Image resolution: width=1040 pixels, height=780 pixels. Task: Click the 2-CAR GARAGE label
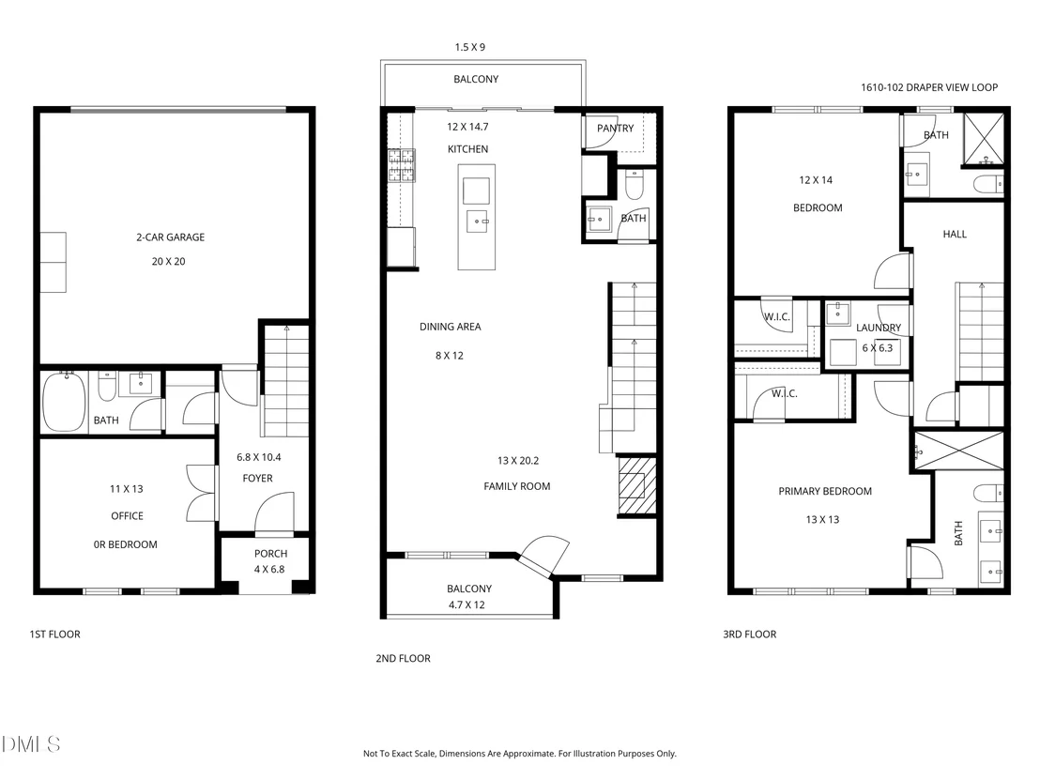[x=171, y=237]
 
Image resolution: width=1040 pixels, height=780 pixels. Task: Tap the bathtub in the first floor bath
[x=65, y=402]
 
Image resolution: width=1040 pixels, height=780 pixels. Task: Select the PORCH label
[x=270, y=553]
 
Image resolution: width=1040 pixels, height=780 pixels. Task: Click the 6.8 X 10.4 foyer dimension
[x=259, y=457]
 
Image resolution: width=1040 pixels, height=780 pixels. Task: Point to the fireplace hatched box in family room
[x=636, y=485]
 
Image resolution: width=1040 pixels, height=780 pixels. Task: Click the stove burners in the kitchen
[x=402, y=165]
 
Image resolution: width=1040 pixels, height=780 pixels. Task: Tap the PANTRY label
[x=616, y=128]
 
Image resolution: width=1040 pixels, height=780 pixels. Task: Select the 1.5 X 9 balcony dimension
[x=469, y=47]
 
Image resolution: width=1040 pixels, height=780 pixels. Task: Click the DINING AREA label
[x=451, y=327]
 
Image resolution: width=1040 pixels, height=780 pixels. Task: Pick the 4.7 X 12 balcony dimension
[x=466, y=604]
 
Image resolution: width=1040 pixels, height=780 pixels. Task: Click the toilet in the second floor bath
[x=635, y=185]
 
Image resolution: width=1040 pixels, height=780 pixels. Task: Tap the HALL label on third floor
[x=955, y=234]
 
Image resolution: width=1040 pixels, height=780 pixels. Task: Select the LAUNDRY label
[x=879, y=328]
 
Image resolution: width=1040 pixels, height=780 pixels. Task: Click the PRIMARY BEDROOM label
[x=825, y=492]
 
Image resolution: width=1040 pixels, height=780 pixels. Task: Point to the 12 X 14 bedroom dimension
[x=816, y=179]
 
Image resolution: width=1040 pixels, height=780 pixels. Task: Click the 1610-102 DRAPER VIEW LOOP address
[x=929, y=87]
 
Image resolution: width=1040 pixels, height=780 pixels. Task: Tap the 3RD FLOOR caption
[x=749, y=635]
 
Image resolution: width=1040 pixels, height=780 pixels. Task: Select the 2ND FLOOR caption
[x=404, y=658]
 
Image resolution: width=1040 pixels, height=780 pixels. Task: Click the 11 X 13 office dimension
[x=126, y=489]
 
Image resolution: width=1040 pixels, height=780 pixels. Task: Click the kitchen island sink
[x=477, y=221]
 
